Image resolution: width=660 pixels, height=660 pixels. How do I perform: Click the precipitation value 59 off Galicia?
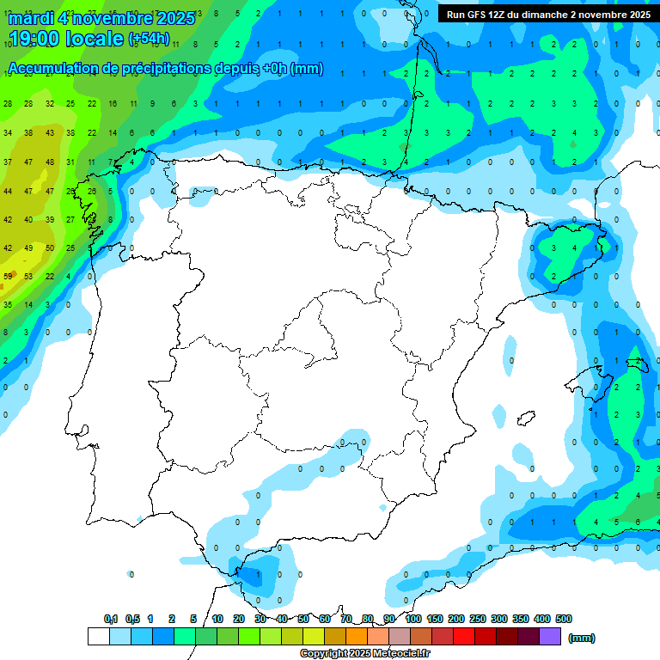click(x=8, y=276)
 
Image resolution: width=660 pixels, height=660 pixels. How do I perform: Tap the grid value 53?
click(x=28, y=276)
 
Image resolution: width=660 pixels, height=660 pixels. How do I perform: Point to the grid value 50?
click(x=49, y=247)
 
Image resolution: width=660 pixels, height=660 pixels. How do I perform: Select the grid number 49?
click(x=28, y=247)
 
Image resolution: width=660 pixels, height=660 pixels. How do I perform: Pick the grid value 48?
click(x=49, y=162)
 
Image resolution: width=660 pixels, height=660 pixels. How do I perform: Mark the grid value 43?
click(x=49, y=133)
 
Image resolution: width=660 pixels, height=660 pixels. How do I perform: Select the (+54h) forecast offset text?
click(x=150, y=39)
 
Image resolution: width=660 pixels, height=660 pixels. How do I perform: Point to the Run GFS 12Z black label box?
click(x=547, y=14)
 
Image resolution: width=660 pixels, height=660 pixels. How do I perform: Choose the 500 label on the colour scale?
click(x=563, y=619)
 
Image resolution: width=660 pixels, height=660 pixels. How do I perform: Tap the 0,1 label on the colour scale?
click(x=111, y=619)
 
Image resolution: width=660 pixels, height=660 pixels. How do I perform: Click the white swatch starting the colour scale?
click(x=98, y=636)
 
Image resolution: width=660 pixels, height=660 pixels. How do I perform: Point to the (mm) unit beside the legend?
click(x=582, y=638)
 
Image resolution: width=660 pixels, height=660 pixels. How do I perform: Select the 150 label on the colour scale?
click(x=435, y=619)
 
